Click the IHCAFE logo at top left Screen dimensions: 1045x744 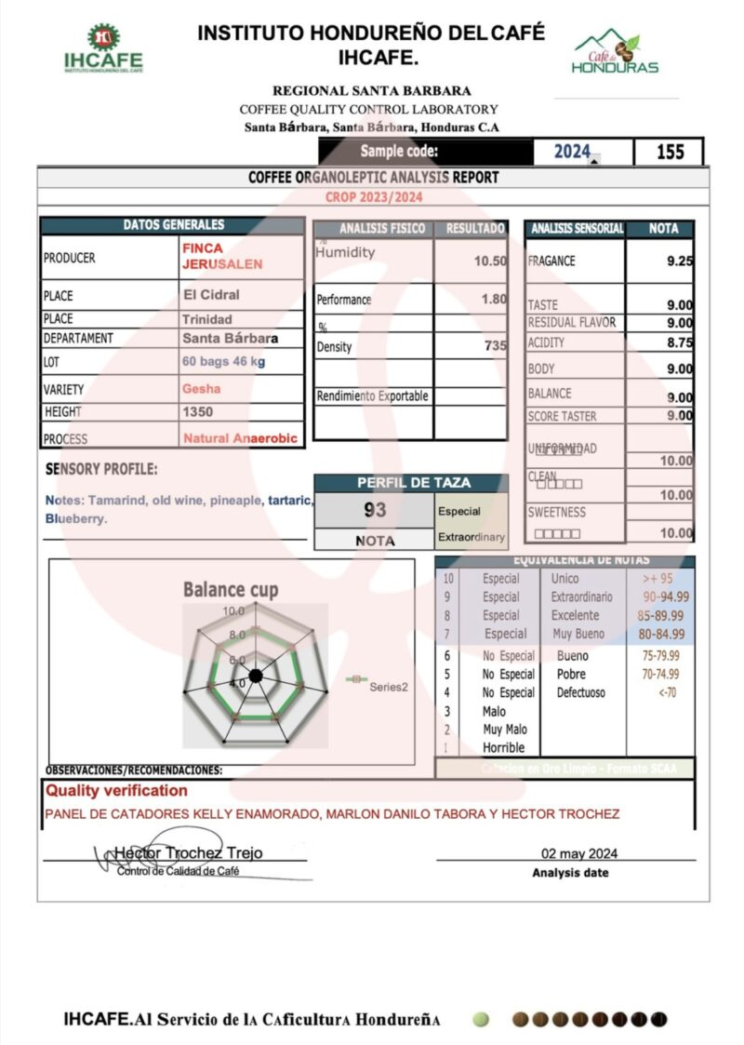coord(103,49)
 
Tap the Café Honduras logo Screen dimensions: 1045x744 coord(615,53)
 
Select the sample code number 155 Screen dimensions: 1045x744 coord(670,152)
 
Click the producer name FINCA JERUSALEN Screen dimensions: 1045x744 coord(221,256)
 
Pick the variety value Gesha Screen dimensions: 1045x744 coord(202,389)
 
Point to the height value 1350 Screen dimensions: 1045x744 coord(197,411)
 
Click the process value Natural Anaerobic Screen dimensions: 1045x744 coord(240,437)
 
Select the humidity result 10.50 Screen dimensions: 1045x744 coord(490,261)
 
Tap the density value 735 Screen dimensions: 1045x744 coord(496,346)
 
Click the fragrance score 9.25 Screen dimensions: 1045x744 coord(679,261)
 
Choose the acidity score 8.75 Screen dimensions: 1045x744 coord(679,342)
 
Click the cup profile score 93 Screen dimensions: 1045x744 coord(375,510)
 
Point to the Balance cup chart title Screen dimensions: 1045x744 coord(230,589)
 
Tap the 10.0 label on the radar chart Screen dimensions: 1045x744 coord(233,611)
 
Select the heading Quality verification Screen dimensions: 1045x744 coord(116,791)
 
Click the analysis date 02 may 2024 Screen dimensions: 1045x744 coord(578,853)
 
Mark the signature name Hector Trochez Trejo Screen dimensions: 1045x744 coord(188,852)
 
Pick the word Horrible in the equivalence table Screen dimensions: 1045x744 coord(503,747)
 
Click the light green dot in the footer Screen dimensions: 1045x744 coord(480,1019)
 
